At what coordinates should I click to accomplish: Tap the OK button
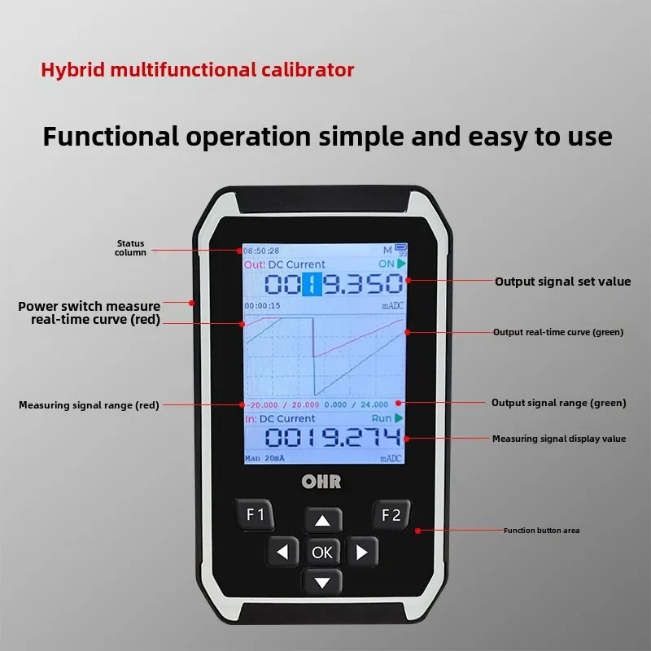coord(322,553)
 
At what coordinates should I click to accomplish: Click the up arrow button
coord(323,521)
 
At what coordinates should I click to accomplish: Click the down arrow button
coord(323,582)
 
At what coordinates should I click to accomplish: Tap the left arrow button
coord(282,553)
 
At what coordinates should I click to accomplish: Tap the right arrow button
coord(363,553)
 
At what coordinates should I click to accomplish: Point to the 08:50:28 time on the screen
coord(261,251)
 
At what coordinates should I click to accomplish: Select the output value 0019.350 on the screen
coord(334,284)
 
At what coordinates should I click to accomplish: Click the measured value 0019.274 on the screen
coord(334,438)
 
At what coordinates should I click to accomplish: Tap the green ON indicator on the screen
coord(390,264)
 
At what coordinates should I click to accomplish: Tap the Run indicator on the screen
coord(386,418)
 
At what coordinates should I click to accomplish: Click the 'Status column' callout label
coord(130,247)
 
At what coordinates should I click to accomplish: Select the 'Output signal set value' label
coord(562,282)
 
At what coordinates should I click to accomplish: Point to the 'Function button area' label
coord(541,531)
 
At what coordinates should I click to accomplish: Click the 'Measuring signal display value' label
coord(558,439)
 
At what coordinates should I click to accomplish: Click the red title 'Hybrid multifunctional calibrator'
coord(198,70)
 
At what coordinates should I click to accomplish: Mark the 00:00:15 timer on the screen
coord(262,306)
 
